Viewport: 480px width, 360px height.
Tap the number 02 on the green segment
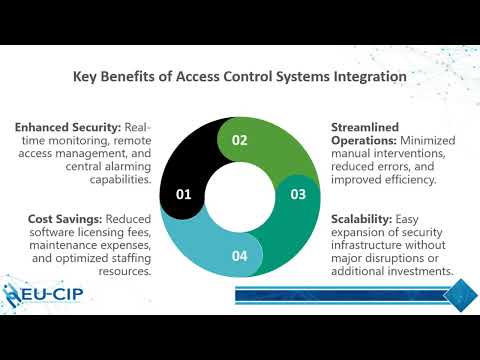coord(239,141)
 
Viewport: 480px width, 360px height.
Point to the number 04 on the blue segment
coord(239,255)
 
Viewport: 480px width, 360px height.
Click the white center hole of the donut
coord(240,197)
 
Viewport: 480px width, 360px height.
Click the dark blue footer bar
coord(340,294)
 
